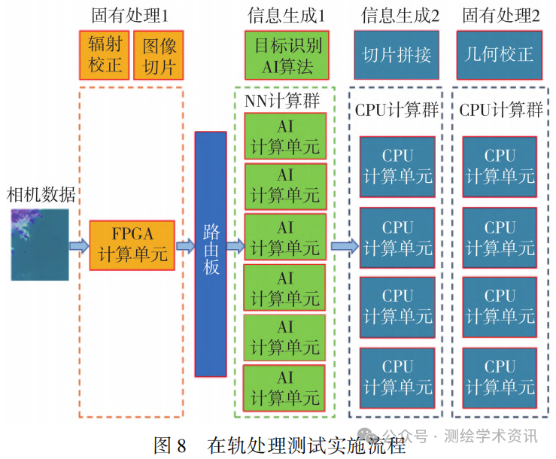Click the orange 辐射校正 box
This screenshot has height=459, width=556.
(105, 55)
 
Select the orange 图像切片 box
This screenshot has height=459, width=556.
(159, 55)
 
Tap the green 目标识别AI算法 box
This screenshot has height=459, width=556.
(287, 55)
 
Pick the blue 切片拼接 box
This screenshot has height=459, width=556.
(396, 55)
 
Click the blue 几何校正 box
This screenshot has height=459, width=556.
(500, 55)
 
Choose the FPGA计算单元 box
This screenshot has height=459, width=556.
(132, 245)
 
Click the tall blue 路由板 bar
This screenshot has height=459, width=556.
(211, 254)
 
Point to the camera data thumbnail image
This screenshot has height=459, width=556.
(40, 245)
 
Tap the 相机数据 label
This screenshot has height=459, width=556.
(41, 195)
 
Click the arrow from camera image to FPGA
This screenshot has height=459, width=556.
(79, 245)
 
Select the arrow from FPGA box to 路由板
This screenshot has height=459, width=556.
(185, 245)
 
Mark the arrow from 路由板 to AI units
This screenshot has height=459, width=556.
(235, 245)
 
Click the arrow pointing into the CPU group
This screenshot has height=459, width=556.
(345, 245)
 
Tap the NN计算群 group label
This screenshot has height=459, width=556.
(282, 101)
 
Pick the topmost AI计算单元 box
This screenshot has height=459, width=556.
(285, 136)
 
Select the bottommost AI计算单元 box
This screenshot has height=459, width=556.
(284, 388)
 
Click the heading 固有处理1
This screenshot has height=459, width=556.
(129, 16)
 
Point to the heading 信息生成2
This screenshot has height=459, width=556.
(400, 16)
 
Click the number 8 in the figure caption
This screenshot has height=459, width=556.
(181, 445)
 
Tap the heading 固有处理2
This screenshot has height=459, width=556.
(501, 16)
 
